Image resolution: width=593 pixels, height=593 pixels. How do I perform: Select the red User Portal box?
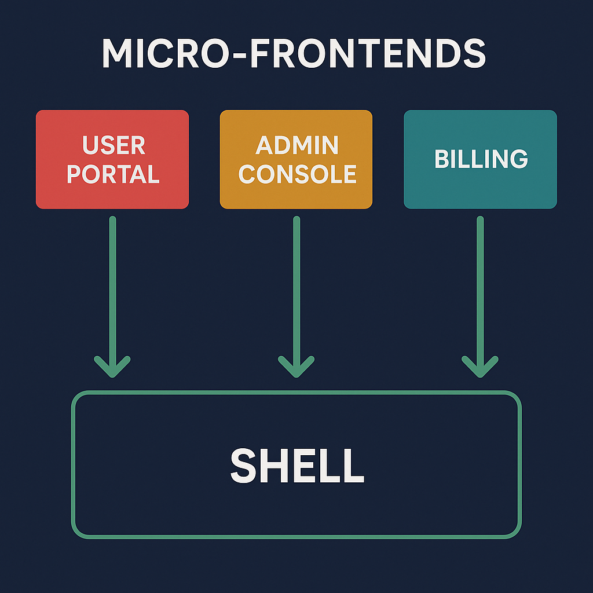point(112,191)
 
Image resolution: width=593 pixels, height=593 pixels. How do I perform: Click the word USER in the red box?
point(114,145)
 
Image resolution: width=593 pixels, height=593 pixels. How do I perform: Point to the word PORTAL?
point(114,174)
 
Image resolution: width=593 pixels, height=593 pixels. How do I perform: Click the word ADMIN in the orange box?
point(297,145)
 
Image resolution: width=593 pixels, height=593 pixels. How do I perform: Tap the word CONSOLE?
point(297,174)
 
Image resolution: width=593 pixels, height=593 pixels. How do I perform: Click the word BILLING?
point(481,159)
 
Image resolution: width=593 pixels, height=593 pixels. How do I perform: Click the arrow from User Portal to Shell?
point(112,290)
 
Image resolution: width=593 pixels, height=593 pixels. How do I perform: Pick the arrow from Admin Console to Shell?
point(296,290)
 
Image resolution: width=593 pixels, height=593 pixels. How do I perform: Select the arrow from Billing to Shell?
point(480,290)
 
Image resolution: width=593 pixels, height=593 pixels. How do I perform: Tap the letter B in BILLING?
point(442,159)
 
